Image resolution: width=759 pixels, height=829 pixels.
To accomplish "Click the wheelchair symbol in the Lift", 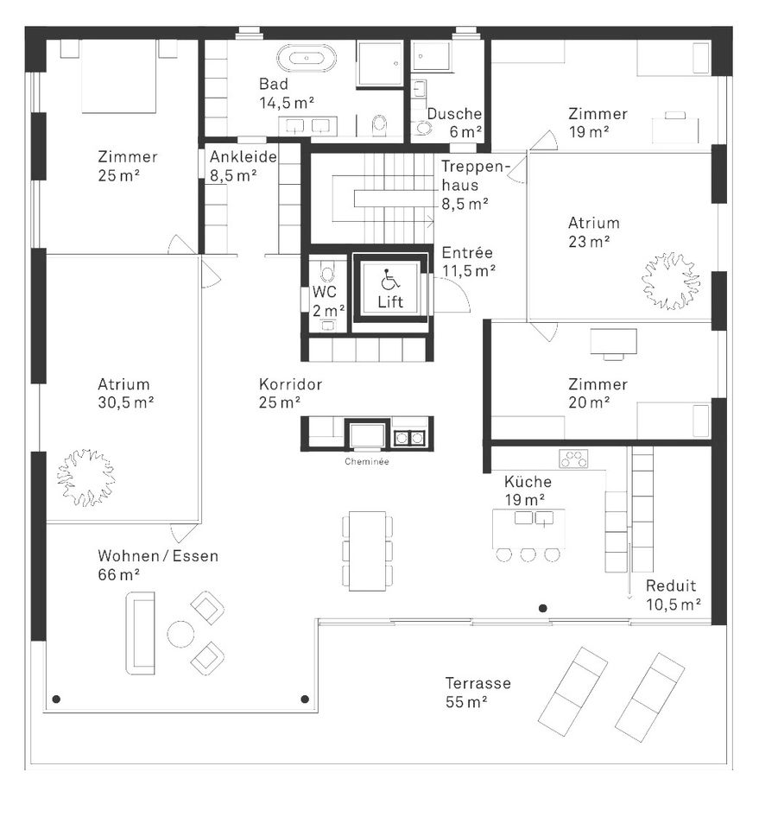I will click(389, 279).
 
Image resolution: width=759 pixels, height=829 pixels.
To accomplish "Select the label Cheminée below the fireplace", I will click(367, 462).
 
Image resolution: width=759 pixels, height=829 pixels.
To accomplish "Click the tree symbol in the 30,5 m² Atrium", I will click(85, 477).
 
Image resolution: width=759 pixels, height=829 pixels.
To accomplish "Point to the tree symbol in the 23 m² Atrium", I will click(669, 281).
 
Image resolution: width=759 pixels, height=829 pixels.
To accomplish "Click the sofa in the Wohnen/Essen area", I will click(140, 632).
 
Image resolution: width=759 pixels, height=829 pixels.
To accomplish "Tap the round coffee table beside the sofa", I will click(180, 635).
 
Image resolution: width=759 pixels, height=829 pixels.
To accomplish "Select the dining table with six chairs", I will click(367, 551).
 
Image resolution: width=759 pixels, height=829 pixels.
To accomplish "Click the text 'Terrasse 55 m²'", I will click(478, 692).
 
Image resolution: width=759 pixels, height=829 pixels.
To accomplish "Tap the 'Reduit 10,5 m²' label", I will click(672, 594).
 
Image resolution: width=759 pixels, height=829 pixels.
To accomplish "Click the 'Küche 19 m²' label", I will click(528, 490).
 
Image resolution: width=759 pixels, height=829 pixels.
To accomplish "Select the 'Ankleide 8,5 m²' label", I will click(243, 166).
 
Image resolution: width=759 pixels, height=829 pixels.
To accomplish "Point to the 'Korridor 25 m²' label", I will click(290, 393).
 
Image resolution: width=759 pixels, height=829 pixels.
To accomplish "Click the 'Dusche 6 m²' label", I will click(454, 123).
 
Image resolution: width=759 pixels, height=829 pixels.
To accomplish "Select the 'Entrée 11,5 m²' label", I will click(467, 262).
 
